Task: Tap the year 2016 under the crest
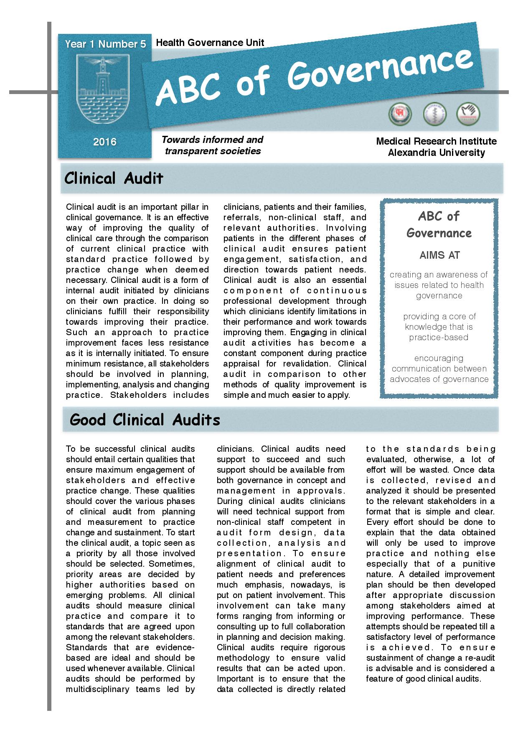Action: tap(105, 142)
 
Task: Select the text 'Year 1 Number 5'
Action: tap(105, 44)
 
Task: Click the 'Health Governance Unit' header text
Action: tap(210, 43)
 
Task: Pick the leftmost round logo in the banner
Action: tap(400, 114)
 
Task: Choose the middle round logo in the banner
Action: tap(435, 114)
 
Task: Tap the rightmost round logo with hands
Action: tap(468, 113)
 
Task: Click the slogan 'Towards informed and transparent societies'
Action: tap(212, 145)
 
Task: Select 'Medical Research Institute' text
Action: tap(436, 141)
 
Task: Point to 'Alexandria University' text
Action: tap(436, 153)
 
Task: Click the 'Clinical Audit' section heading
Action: tap(114, 178)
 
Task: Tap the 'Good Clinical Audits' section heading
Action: tap(145, 420)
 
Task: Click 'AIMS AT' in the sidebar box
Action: tap(439, 255)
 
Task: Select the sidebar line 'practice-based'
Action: tap(439, 337)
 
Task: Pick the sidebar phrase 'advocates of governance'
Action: tap(439, 379)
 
